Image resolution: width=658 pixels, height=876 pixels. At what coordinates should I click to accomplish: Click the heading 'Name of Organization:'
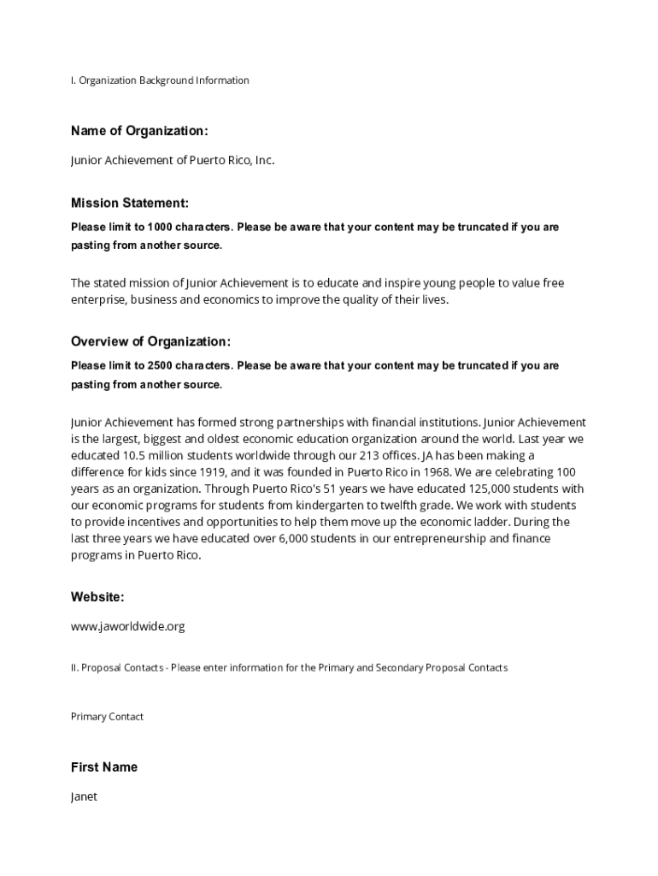[x=139, y=131]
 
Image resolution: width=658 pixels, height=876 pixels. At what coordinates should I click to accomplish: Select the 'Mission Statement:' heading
[x=130, y=204]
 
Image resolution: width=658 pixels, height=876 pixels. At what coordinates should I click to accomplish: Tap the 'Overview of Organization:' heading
[x=150, y=342]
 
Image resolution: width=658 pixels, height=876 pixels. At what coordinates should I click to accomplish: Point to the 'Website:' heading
[x=97, y=597]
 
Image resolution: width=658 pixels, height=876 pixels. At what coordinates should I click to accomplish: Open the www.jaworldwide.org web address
[x=127, y=626]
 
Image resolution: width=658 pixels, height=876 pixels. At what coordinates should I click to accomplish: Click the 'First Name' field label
[x=104, y=767]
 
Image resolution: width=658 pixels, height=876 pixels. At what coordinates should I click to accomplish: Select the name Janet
[x=84, y=796]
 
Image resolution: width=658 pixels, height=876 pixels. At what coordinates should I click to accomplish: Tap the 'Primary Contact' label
[x=107, y=717]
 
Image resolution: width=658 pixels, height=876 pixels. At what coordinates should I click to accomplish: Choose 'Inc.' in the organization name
[x=264, y=160]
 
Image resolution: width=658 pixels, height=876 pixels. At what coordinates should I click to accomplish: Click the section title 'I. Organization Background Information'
[x=160, y=80]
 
